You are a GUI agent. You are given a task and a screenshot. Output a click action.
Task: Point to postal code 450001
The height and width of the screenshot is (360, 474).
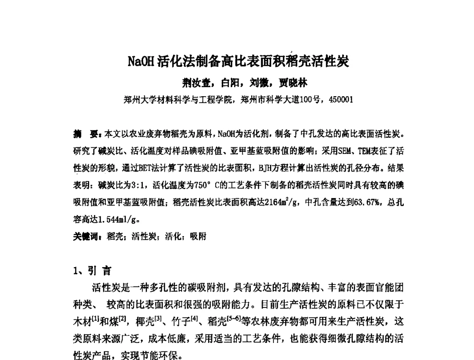point(340,100)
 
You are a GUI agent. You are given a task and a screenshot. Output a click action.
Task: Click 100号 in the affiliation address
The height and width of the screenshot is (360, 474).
point(309,100)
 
